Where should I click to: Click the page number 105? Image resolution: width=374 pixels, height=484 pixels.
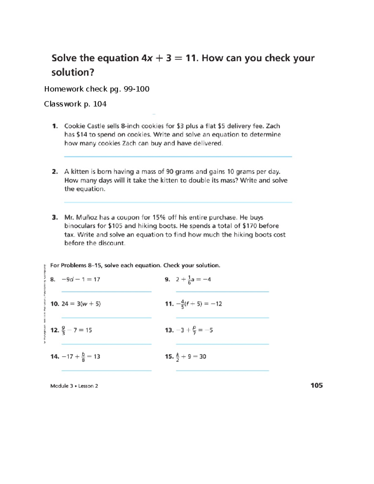pos(316,386)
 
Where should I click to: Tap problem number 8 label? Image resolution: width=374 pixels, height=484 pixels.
pos(53,280)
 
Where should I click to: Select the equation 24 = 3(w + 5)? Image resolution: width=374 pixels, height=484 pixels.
pos(81,304)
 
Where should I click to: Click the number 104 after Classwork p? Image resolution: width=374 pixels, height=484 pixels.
pos(100,104)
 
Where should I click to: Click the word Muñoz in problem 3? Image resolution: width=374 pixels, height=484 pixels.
pos(87,218)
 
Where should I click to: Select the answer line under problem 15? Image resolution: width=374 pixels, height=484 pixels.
pos(222,371)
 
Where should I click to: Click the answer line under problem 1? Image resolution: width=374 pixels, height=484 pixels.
pos(178,156)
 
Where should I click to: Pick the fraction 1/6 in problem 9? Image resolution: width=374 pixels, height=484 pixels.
pos(189,280)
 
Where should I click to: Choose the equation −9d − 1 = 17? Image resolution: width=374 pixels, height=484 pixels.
pos(81,280)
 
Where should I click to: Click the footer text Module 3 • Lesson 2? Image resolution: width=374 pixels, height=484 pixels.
pos(74,386)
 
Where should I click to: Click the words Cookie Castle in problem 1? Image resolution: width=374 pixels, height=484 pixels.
pos(83,126)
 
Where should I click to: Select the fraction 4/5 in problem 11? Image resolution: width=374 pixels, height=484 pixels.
pos(182,304)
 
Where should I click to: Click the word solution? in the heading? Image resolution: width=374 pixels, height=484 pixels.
pos(73,72)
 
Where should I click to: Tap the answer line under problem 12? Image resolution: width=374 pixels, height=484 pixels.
pos(106,344)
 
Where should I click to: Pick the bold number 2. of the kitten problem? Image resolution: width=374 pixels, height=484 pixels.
pos(55,172)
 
